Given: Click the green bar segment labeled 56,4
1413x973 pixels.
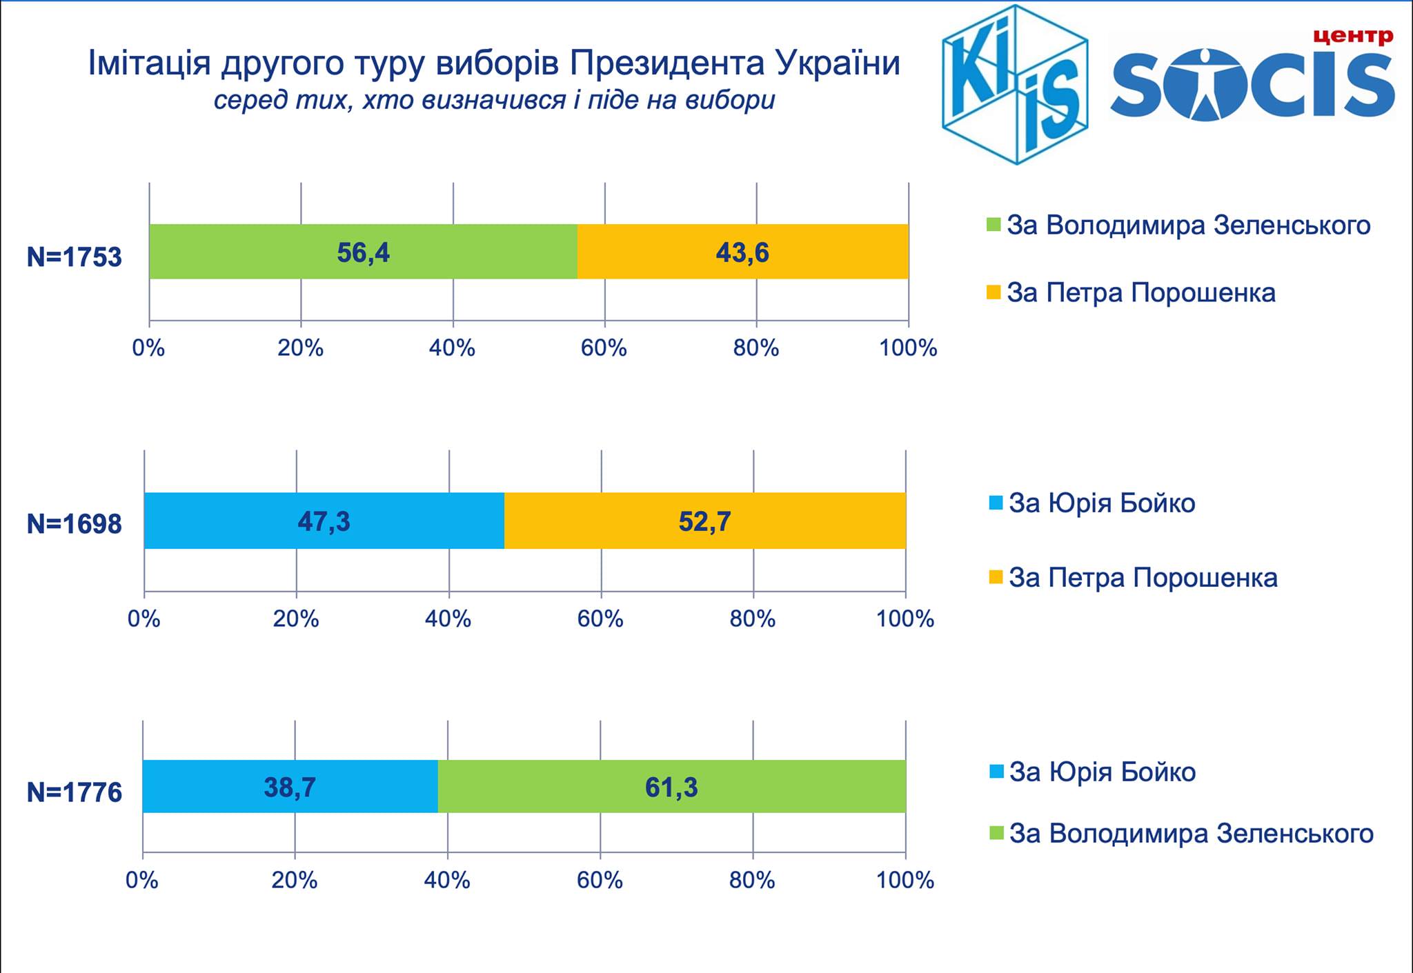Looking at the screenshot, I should pos(363,252).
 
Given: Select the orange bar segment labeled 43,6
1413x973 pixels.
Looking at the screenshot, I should pos(742,252).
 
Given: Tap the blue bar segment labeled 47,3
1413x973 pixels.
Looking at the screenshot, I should pos(324,521).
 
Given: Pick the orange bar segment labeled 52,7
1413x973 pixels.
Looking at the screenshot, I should pos(704,521).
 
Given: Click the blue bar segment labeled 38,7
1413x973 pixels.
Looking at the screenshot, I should pos(290,787).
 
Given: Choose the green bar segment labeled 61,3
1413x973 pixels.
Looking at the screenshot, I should pos(671,787).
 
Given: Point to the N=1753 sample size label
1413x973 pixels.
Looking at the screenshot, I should pos(74,257).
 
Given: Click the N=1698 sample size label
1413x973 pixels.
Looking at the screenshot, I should pos(74,525).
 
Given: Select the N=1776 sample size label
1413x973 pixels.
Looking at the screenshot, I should pos(74,792).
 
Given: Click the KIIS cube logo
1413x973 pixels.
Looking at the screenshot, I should pos(1014,84).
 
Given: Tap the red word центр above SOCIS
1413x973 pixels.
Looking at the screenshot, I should pos(1353,35).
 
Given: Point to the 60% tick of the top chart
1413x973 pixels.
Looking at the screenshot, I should pos(604,348).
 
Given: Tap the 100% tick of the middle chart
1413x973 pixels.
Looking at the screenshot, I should pos(905,619).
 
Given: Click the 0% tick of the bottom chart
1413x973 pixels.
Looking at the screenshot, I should pos(142,880).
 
